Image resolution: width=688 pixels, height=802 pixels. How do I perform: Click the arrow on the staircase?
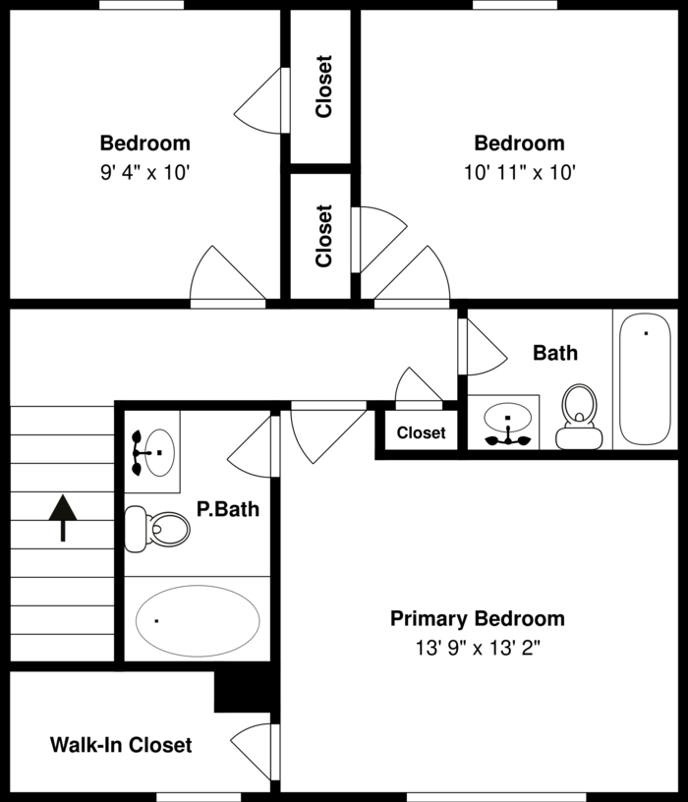63,517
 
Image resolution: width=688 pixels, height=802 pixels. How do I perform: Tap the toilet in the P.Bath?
161,528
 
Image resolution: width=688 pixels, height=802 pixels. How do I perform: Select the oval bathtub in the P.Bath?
198,619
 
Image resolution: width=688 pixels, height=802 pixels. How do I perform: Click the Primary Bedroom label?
477,618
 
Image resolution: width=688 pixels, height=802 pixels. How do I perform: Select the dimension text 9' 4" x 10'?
144,172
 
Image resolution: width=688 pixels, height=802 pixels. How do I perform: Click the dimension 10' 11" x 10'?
519,172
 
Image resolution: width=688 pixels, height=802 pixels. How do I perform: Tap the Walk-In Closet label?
121,745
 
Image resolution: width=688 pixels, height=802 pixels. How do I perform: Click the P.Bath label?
228,509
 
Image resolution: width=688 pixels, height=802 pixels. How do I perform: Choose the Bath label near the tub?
555,352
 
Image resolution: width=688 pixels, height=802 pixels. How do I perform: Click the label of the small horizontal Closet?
421,432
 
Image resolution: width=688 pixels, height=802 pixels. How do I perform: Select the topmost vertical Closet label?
323,86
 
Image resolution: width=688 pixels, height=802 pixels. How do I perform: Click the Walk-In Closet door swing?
255,747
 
